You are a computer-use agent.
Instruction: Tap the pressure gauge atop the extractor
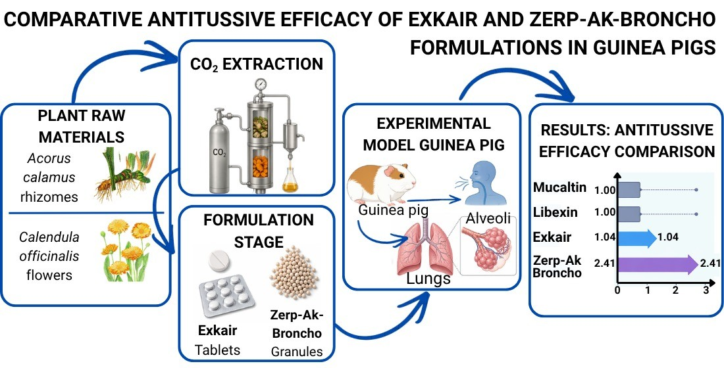261,84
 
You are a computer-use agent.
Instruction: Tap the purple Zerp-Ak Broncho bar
658,264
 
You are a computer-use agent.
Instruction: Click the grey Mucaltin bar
629,189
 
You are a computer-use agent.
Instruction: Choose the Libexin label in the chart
555,212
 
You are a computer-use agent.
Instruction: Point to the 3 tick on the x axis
706,290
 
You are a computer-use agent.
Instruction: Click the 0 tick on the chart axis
618,290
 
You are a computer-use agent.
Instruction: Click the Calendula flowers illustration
125,250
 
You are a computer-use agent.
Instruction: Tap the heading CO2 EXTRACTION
257,64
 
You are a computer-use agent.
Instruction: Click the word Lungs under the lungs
428,279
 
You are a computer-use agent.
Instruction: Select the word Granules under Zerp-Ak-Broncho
296,352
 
